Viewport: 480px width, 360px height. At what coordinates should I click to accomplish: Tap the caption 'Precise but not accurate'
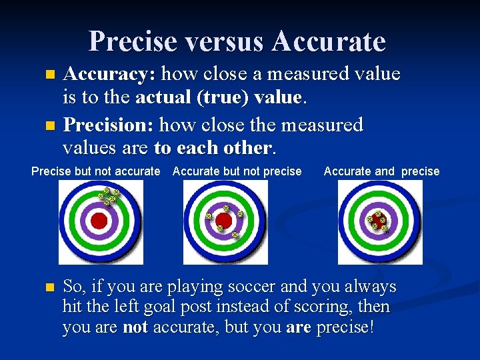click(x=96, y=171)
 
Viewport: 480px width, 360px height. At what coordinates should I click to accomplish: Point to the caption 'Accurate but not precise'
click(x=237, y=171)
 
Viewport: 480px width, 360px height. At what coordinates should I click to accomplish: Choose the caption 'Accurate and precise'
click(x=381, y=171)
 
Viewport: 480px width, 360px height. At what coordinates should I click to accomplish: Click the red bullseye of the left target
click(x=99, y=221)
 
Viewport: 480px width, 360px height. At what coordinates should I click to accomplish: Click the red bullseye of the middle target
click(x=225, y=221)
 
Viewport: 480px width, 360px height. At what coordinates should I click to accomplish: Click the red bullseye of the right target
click(x=378, y=221)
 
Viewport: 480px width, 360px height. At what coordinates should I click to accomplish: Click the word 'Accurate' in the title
click(x=329, y=41)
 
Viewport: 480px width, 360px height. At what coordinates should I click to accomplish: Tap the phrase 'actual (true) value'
click(x=219, y=98)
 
